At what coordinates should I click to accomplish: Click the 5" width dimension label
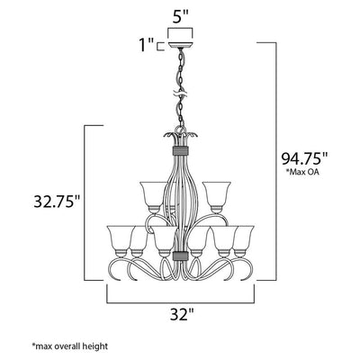tap(180, 18)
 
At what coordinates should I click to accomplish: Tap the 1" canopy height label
tap(146, 44)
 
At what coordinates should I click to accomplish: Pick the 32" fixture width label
tap(182, 315)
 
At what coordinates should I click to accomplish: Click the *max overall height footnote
tap(69, 346)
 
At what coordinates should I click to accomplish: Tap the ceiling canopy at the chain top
tap(180, 46)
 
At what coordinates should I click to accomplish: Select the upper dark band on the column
tap(180, 151)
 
